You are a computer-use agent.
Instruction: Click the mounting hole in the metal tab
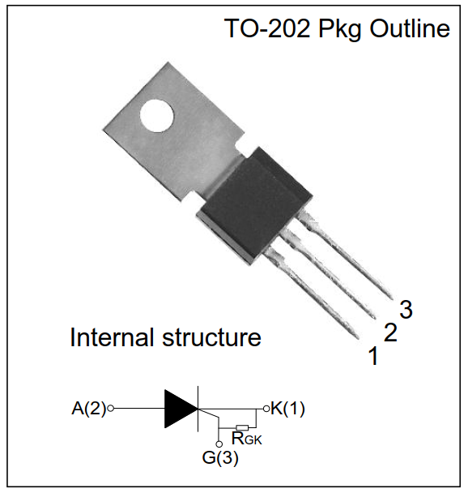tap(156, 116)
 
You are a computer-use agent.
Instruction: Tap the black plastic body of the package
tap(254, 204)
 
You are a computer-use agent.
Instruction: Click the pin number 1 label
tap(373, 356)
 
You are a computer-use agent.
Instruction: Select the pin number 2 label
tap(391, 332)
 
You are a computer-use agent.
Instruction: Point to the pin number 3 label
tap(406, 310)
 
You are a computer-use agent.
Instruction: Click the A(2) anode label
tap(89, 409)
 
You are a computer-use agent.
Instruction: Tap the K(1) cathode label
tap(287, 409)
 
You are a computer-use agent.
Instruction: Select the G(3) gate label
tap(220, 457)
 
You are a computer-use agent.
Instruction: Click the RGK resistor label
tap(246, 438)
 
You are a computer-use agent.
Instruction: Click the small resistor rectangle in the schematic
tap(242, 427)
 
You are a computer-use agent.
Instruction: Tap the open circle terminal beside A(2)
tap(110, 409)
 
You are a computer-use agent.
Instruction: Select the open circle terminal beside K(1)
tap(266, 409)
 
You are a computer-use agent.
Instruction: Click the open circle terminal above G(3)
tap(219, 444)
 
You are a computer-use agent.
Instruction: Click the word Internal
tap(113, 337)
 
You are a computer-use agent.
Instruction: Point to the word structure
tap(211, 338)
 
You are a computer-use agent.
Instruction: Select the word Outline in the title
tap(410, 28)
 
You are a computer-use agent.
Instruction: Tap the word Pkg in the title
tap(340, 30)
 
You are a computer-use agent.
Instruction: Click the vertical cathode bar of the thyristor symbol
tap(198, 409)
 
